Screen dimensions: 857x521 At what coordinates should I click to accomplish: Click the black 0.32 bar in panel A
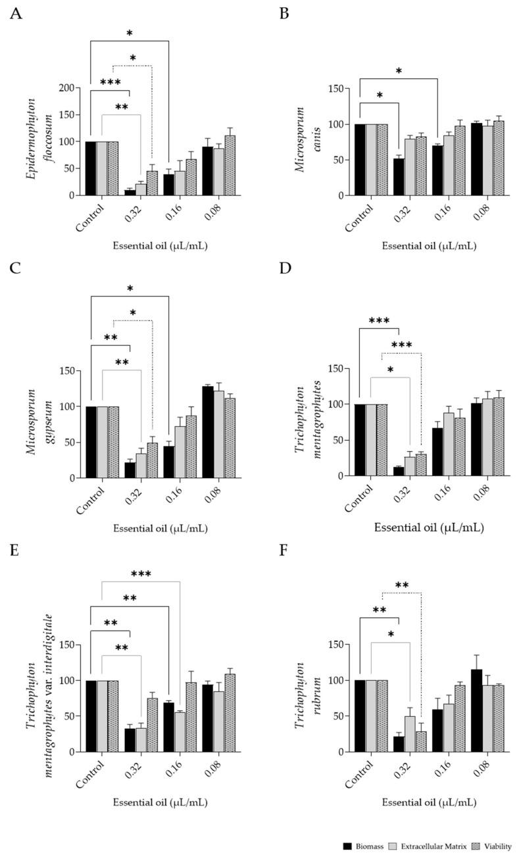point(130,192)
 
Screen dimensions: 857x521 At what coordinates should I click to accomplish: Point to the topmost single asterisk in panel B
point(399,71)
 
